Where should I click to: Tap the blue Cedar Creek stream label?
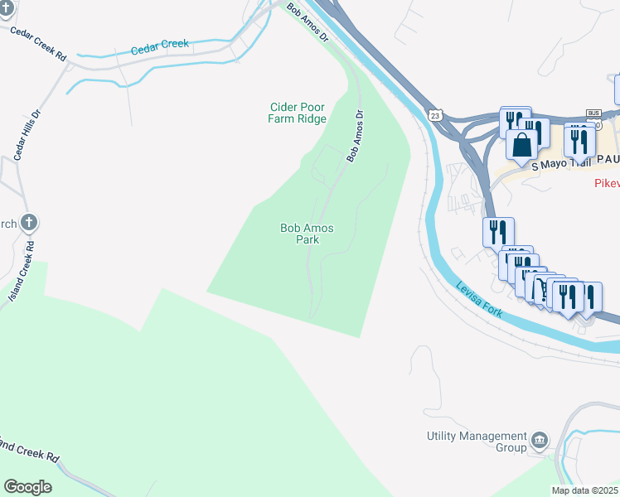tap(160, 48)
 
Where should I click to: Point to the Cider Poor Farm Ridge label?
tap(297, 113)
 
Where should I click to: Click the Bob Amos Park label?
tap(300, 234)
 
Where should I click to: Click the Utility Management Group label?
tap(477, 442)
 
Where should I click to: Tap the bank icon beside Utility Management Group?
tap(540, 439)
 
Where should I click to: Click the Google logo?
tap(27, 487)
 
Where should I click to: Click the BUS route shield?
tap(593, 112)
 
